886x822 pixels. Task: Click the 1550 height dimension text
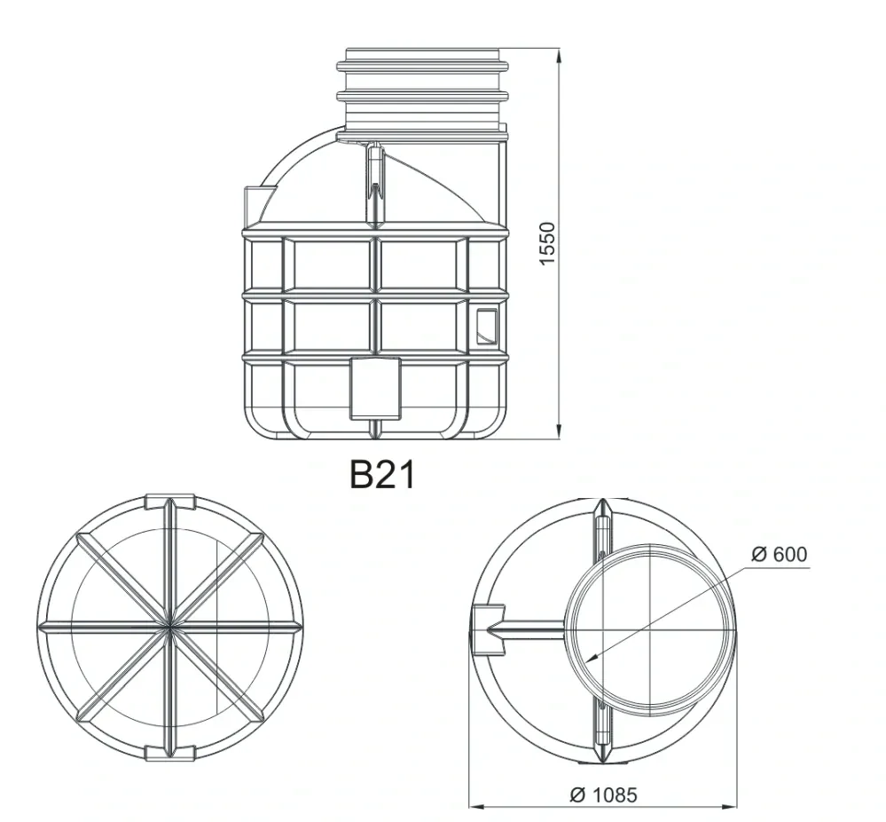[547, 243]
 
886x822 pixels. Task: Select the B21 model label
[381, 475]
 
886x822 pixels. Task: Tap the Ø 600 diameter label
[779, 554]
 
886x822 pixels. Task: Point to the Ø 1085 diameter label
[602, 794]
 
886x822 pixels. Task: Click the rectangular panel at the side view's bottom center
[374, 388]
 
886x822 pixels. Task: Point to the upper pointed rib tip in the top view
[602, 507]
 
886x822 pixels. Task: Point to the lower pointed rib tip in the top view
[602, 753]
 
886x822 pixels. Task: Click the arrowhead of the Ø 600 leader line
[588, 658]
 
